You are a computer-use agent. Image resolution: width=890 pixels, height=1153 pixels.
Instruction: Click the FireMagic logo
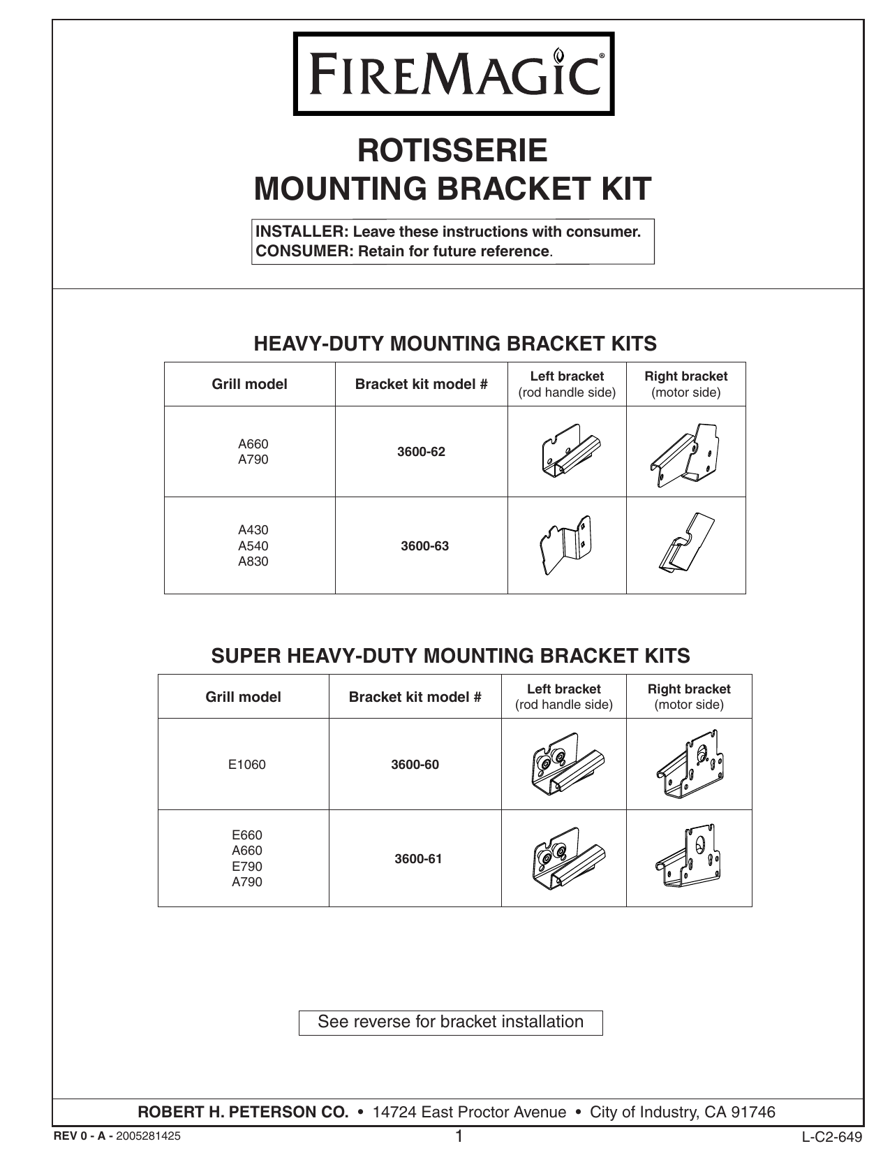click(x=454, y=73)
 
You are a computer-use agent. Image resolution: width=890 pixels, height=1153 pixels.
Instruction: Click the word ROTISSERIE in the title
click(x=452, y=150)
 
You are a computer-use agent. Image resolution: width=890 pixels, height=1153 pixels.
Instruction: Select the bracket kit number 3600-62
click(x=421, y=452)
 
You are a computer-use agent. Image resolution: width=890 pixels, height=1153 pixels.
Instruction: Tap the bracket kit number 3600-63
click(x=424, y=546)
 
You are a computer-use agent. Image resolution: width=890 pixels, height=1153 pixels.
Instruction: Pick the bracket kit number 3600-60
click(x=415, y=765)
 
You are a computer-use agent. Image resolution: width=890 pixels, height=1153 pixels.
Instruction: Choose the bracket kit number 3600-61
click(x=418, y=859)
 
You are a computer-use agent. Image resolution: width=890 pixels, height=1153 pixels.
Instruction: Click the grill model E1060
click(x=247, y=765)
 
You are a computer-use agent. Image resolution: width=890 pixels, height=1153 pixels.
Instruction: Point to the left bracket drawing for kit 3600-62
click(x=571, y=451)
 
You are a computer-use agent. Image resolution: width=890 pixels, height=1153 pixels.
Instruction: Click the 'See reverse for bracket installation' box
click(x=450, y=1022)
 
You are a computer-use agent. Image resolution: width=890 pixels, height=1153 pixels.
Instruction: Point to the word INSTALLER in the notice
click(x=302, y=232)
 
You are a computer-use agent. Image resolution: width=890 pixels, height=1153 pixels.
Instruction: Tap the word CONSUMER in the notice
click(x=305, y=251)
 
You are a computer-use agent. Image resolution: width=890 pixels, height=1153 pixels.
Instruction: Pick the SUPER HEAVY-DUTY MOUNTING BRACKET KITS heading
click(x=450, y=656)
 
